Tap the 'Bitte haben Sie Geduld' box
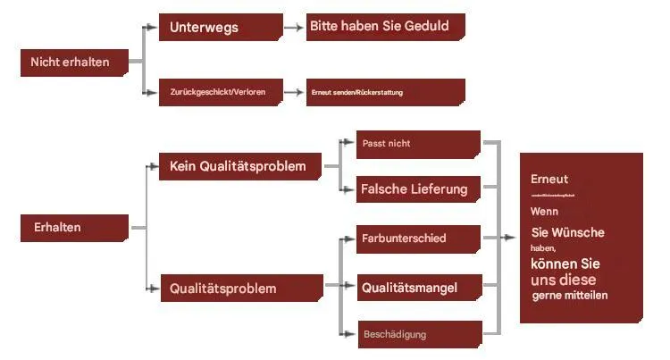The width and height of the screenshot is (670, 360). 384,27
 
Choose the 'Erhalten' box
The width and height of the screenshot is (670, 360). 73,228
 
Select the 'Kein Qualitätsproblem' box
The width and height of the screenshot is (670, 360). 239,166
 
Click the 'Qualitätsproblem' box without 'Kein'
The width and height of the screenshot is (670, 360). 239,289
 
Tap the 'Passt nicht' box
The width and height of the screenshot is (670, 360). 418,144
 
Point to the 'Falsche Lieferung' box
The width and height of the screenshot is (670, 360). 418,189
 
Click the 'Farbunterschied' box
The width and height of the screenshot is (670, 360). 418,239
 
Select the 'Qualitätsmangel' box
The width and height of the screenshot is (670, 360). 418,288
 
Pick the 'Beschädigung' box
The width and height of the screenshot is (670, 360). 418,335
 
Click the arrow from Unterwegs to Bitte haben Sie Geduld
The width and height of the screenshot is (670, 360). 293,28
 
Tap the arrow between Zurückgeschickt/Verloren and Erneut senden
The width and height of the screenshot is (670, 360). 293,92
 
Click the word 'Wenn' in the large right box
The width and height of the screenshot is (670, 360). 544,212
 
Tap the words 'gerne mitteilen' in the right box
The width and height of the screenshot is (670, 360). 570,296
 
